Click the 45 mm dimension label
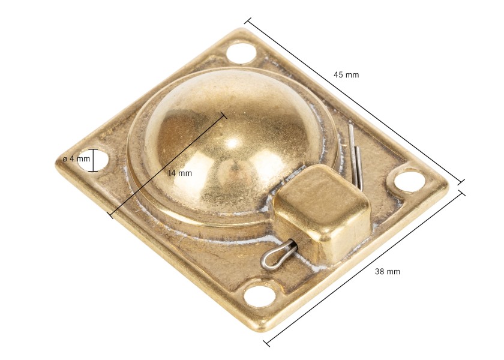(x=346, y=75)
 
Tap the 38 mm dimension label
(x=388, y=272)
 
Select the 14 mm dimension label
(x=180, y=173)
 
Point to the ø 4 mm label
(x=77, y=159)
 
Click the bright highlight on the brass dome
(x=233, y=143)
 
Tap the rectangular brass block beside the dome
(x=322, y=212)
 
